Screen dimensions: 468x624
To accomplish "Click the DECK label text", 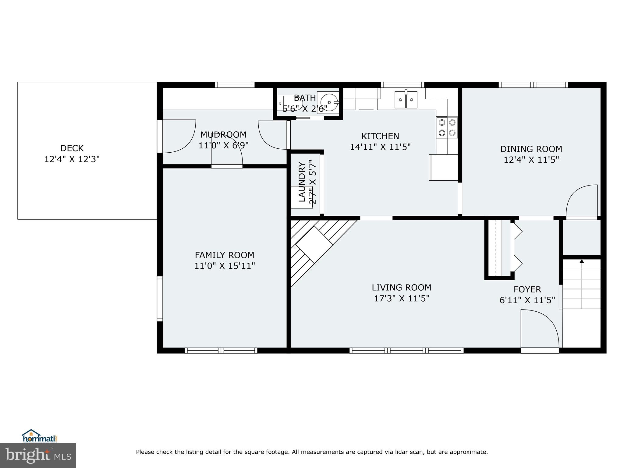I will [x=72, y=148].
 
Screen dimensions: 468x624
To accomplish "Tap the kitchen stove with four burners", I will [x=447, y=128].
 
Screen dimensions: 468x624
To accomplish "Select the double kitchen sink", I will [x=406, y=100].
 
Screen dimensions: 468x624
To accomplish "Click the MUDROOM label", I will [x=223, y=135].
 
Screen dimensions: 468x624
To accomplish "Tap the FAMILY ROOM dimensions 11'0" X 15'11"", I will [x=225, y=266].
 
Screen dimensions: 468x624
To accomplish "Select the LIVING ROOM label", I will [x=401, y=288].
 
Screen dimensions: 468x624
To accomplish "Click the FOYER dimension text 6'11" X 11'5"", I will [x=527, y=300].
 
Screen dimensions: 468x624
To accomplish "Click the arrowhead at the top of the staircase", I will [x=582, y=261].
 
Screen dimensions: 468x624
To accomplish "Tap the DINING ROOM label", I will [x=531, y=149].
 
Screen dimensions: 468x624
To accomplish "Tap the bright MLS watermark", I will [x=38, y=455].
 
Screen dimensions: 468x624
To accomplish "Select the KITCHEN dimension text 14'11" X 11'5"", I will [x=380, y=147].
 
